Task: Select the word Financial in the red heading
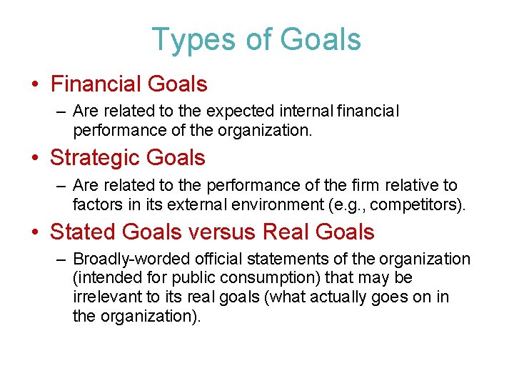95,84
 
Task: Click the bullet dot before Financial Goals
35,85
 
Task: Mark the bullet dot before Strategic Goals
35,159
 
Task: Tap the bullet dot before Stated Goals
35,232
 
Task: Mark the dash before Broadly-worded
59,259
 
